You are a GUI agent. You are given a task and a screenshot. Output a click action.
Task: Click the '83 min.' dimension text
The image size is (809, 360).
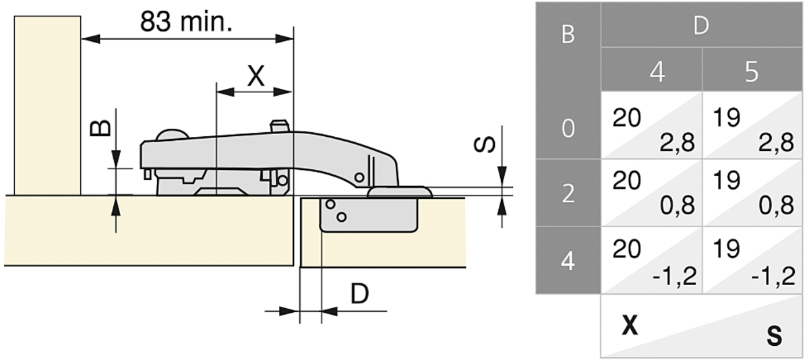coord(186,22)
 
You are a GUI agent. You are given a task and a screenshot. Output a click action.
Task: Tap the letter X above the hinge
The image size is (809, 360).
coord(256,76)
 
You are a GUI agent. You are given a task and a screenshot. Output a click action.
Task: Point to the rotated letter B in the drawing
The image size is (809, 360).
coord(100,128)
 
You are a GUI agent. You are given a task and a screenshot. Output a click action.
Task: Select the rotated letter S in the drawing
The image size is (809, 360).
coord(484,145)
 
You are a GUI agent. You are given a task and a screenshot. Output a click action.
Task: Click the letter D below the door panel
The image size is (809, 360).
coord(360,294)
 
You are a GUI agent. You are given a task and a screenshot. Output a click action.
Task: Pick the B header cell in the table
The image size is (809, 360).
coord(568,35)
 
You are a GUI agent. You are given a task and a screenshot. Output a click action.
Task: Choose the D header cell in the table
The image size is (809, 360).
coord(701,25)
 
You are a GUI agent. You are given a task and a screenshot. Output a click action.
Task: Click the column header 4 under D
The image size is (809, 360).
coord(657,72)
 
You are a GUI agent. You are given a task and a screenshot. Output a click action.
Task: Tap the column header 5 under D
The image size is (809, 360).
coord(752,72)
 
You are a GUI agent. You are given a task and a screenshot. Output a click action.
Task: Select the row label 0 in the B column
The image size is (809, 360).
coord(568,128)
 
